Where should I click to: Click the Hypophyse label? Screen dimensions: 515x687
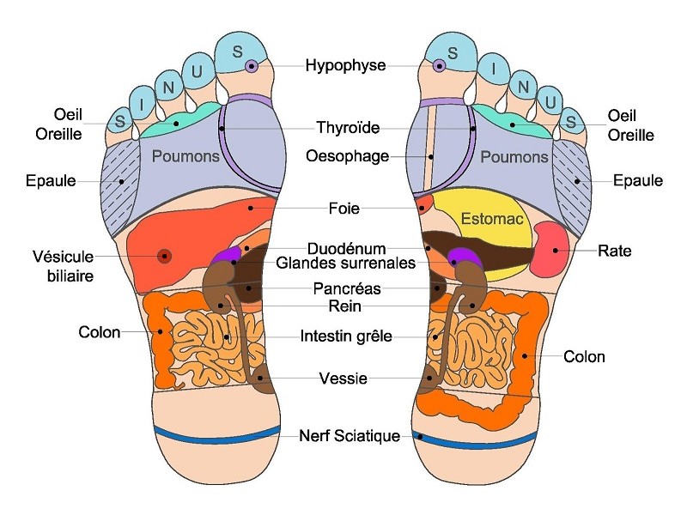pyautogui.click(x=346, y=65)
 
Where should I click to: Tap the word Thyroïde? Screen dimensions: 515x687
pyautogui.click(x=349, y=130)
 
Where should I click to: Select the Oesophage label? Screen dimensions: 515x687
pyautogui.click(x=347, y=156)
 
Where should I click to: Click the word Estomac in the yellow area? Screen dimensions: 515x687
pyautogui.click(x=491, y=219)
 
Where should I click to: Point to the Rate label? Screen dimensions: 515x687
pyautogui.click(x=614, y=251)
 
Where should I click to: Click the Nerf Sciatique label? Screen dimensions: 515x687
pyautogui.click(x=350, y=436)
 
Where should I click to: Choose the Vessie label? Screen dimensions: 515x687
pyautogui.click(x=343, y=379)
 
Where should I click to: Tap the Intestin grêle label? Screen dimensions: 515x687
pyautogui.click(x=346, y=337)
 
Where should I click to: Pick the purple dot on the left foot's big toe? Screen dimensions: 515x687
pyautogui.click(x=251, y=66)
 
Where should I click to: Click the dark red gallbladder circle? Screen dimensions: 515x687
pyautogui.click(x=164, y=255)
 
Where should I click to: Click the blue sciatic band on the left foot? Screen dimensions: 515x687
pyautogui.click(x=216, y=433)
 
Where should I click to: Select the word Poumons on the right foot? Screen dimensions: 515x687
pyautogui.click(x=514, y=157)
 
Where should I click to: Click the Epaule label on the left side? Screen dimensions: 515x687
pyautogui.click(x=51, y=181)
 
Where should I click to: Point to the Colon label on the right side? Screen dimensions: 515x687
pyautogui.click(x=584, y=356)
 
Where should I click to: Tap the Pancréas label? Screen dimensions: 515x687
pyautogui.click(x=347, y=289)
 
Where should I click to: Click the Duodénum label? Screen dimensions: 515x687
pyautogui.click(x=346, y=248)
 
